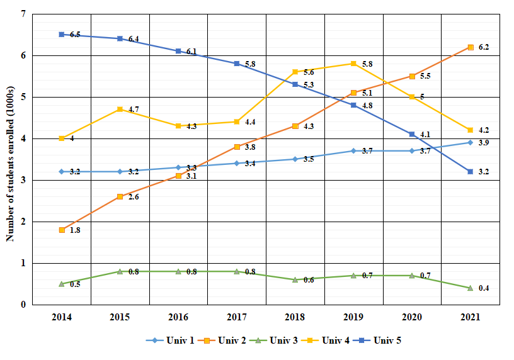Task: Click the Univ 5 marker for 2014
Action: [x=62, y=35]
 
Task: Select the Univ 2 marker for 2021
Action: [x=470, y=47]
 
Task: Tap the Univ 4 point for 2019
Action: [x=353, y=64]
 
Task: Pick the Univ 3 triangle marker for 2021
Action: [x=470, y=288]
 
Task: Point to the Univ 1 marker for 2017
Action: [x=237, y=163]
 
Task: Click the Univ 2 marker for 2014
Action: [x=62, y=230]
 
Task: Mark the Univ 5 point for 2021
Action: [x=470, y=171]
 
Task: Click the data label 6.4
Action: [x=134, y=39]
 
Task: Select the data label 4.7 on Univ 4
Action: [x=134, y=110]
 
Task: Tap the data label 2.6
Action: [x=134, y=197]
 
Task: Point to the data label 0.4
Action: [x=483, y=288]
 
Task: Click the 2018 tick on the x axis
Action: [x=295, y=317]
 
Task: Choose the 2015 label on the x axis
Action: [x=120, y=317]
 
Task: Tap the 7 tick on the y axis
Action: [x=23, y=14]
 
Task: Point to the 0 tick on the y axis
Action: [x=23, y=305]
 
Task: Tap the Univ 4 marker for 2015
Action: [x=120, y=110]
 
